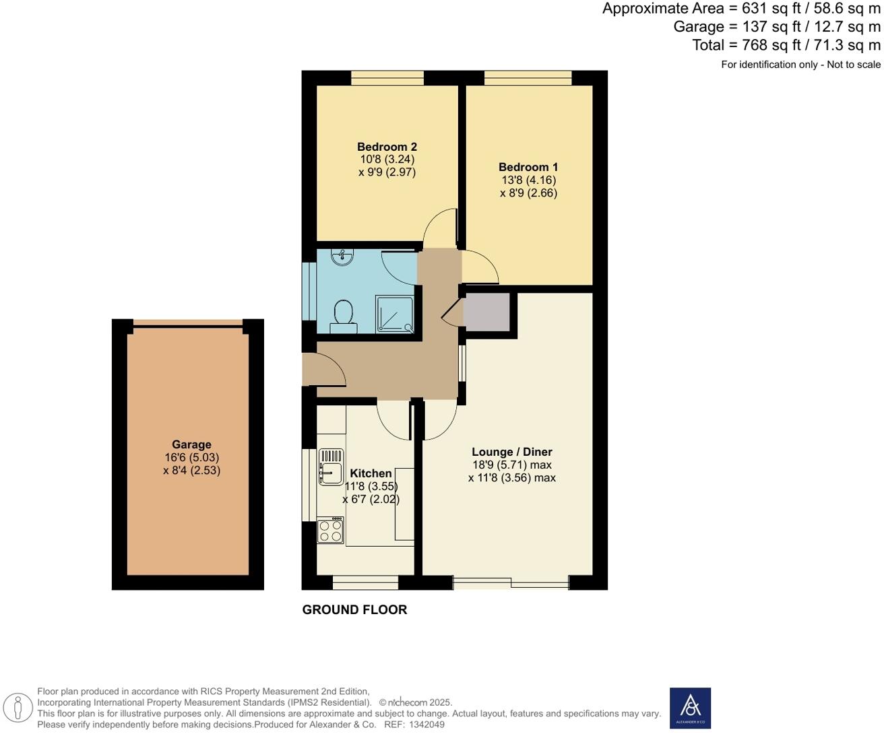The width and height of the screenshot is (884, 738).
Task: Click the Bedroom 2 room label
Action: [387, 147]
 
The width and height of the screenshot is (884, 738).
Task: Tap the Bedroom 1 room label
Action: [528, 167]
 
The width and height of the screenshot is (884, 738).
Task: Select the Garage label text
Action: [191, 444]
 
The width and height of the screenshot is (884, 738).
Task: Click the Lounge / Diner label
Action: [512, 452]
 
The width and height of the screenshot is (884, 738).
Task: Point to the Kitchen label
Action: [371, 473]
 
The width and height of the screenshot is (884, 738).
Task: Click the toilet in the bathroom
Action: [344, 315]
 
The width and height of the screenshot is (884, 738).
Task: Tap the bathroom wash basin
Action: [343, 256]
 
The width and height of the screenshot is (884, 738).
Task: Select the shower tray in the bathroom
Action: [394, 314]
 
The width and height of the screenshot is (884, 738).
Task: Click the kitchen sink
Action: [331, 467]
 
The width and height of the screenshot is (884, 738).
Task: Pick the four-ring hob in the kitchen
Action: [330, 530]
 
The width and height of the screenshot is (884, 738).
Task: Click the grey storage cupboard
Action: [488, 312]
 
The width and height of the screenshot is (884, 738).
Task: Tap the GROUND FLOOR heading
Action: [354, 609]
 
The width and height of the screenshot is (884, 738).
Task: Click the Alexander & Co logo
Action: [690, 708]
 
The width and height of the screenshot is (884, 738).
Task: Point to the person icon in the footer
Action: [18, 708]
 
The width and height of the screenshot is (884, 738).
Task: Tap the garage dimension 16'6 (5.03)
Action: [191, 457]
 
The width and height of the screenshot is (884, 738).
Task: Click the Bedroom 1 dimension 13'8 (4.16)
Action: [528, 180]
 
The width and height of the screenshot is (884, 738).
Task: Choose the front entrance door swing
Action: [325, 369]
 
